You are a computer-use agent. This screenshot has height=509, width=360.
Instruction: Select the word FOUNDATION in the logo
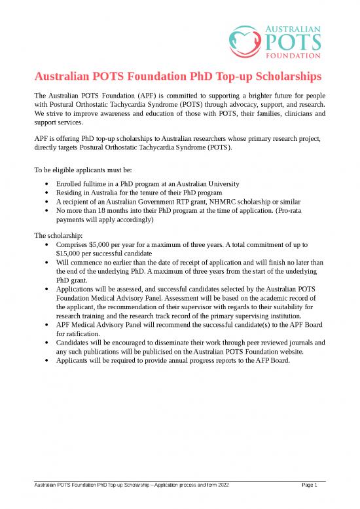click(295, 56)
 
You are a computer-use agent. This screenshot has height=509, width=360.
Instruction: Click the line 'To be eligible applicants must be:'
click(83, 170)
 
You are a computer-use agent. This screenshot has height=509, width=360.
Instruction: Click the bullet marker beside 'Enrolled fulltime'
click(43, 184)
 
